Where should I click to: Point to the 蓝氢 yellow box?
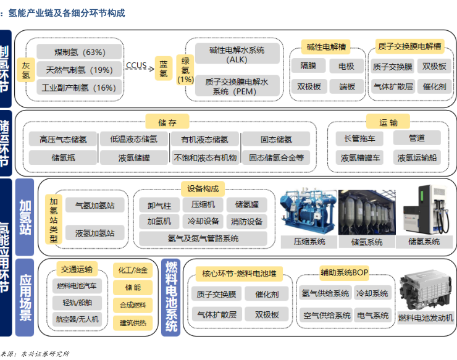coord(163,69)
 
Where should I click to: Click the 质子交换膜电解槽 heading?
coord(409,46)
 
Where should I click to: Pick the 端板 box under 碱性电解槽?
coord(347,86)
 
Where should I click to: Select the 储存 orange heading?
coord(163,122)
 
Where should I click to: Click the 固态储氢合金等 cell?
coord(276,157)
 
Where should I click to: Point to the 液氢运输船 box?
coord(417,157)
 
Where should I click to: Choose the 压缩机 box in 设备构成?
coord(203,204)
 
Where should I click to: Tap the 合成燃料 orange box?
coord(132,305)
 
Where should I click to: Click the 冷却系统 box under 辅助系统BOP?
coord(372,293)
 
